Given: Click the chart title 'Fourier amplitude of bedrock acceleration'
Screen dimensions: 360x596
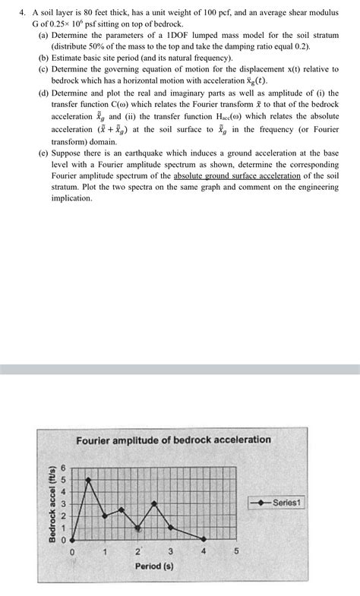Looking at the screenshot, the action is [173, 440].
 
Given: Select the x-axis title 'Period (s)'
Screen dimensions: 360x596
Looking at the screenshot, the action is [154, 566].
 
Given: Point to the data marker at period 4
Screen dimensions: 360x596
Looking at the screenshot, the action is [204, 539].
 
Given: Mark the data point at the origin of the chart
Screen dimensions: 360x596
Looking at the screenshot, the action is [72, 539].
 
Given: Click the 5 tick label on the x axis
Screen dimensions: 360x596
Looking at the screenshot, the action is [236, 551].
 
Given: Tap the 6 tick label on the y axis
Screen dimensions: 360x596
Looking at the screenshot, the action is [64, 468].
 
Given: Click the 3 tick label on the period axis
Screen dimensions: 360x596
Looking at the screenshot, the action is [171, 551].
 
